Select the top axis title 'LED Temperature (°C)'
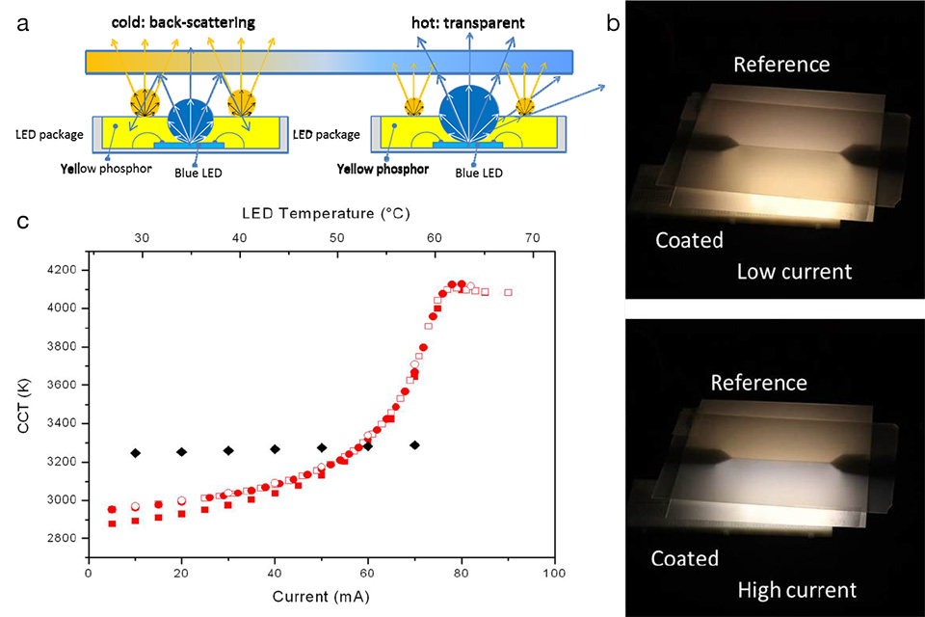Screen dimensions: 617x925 [320, 211]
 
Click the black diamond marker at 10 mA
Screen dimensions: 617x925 [136, 453]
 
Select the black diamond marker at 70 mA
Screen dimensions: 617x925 [414, 444]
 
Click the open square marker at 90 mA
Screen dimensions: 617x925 [508, 292]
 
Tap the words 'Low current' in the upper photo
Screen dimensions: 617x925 [794, 271]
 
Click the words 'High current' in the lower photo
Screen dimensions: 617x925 [796, 589]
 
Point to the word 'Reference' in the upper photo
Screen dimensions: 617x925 [780, 65]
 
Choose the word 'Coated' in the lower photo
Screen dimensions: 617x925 [684, 558]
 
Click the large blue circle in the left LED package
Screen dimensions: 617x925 [193, 119]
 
